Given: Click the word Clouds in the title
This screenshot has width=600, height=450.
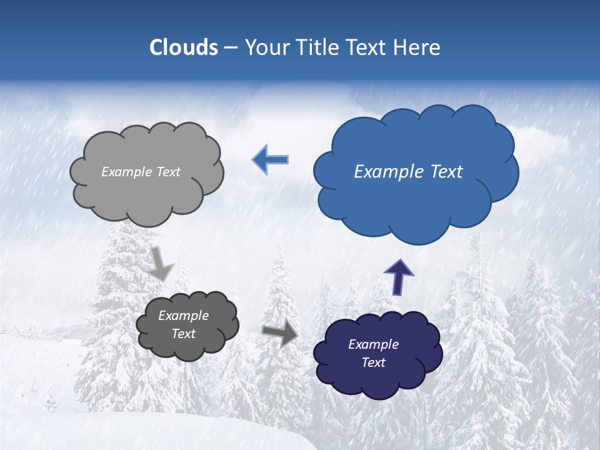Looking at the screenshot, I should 184,47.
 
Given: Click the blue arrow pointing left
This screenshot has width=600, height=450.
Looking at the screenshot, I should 270,159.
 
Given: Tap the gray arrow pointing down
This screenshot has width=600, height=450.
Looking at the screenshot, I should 161,263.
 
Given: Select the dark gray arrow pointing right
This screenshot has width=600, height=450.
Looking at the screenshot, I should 280,333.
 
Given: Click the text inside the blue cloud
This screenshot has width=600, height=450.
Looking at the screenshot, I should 408,172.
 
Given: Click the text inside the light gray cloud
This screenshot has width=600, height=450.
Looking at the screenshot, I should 141,172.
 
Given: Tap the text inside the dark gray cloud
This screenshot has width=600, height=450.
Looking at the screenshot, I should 184,325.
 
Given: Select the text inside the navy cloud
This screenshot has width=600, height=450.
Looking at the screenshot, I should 373,353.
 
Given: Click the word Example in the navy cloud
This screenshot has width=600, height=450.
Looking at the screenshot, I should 373,344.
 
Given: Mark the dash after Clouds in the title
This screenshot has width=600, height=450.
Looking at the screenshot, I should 231,47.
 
